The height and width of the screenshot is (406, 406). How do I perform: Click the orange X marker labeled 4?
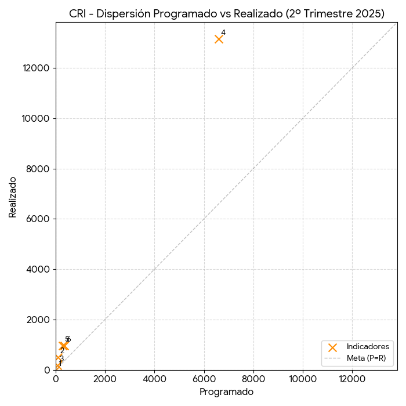tap(219, 39)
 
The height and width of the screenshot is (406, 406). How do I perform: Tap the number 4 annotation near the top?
tap(223, 32)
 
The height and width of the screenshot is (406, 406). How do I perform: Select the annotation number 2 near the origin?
tap(62, 351)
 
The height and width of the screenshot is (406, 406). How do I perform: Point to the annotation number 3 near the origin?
tap(61, 358)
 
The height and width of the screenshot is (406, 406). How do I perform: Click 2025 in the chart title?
tap(368, 14)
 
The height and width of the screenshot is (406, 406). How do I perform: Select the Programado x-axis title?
tap(226, 392)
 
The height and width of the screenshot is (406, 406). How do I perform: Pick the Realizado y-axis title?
tap(13, 197)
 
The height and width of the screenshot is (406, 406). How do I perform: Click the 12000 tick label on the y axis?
tap(35, 68)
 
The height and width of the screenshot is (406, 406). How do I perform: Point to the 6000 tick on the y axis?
tap(38, 219)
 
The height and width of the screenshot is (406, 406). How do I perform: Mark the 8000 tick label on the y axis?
tap(38, 169)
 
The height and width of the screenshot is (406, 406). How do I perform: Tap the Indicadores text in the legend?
tap(368, 347)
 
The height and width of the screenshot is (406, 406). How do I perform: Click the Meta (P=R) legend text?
tap(366, 358)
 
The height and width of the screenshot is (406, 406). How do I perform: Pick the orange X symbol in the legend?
tap(332, 347)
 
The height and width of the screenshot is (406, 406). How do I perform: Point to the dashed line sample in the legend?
tap(332, 358)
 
